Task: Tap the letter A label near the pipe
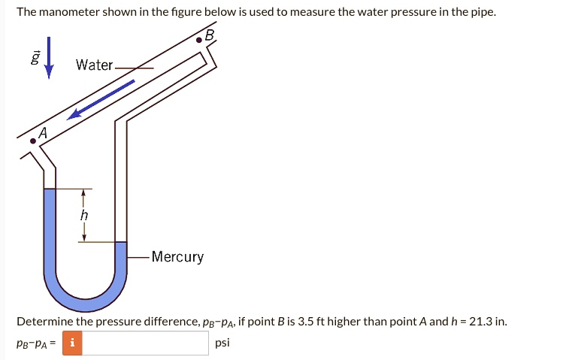tap(42, 132)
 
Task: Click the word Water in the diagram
tap(94, 65)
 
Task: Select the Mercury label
tap(177, 257)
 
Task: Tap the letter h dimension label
tap(84, 214)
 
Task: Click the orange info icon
tap(72, 343)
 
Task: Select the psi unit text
tap(222, 343)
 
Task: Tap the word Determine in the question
tap(44, 322)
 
